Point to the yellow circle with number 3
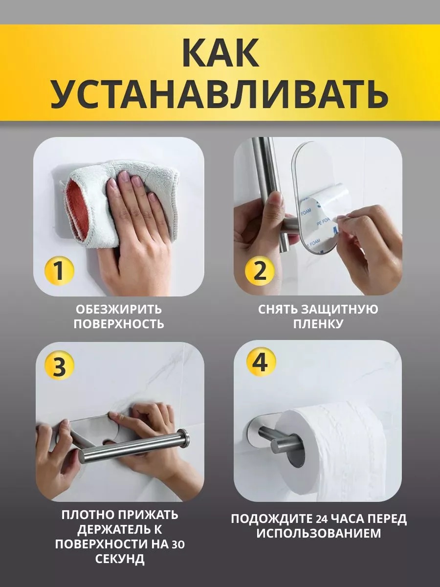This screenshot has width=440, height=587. [x=59, y=366]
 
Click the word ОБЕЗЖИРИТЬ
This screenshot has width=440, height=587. [x=119, y=310]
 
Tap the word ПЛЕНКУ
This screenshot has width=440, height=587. [x=318, y=324]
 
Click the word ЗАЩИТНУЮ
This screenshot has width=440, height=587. [x=340, y=310]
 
